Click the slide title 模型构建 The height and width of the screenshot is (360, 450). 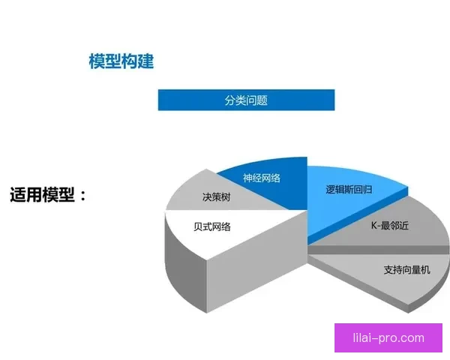(121, 61)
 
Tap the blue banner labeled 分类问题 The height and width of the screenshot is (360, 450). (246, 100)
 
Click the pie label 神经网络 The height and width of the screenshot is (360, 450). (262, 178)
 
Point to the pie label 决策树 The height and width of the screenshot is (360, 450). (216, 198)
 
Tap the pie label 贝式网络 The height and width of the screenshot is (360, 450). (211, 226)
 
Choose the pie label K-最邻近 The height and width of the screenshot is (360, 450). (389, 225)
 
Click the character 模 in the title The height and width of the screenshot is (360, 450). (97, 61)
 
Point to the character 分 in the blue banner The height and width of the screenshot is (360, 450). (229, 100)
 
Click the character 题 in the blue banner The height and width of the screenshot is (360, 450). (262, 100)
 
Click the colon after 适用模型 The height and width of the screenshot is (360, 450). (82, 196)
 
